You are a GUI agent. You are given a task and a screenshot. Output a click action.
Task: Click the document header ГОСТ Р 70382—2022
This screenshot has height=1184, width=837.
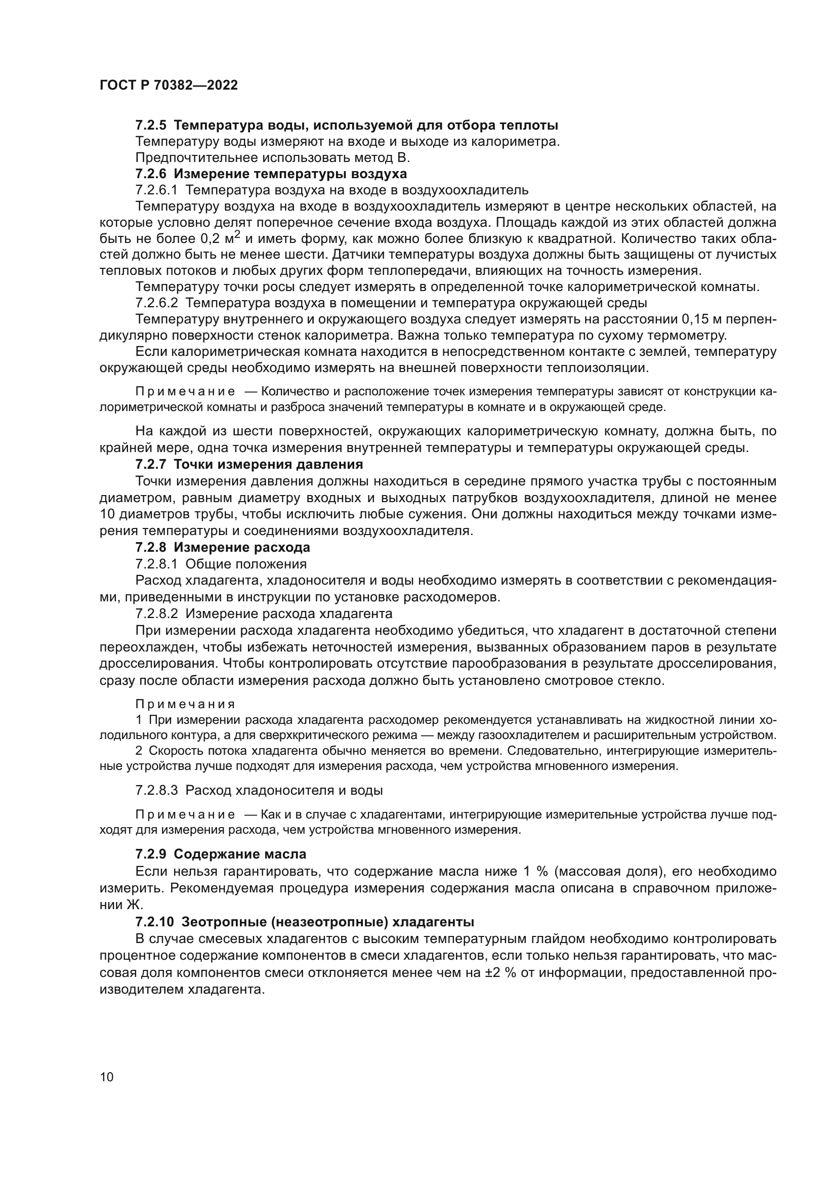tap(169, 86)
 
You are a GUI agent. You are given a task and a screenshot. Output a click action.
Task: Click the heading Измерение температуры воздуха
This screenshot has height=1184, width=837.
tap(290, 174)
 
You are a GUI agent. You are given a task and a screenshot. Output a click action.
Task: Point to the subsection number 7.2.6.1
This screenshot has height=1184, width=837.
tap(156, 190)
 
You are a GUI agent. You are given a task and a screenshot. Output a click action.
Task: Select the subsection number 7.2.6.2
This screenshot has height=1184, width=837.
tap(156, 303)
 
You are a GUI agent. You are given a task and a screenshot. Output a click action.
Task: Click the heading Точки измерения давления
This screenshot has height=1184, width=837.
tap(269, 465)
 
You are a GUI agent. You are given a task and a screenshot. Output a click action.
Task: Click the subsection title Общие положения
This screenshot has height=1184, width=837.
tap(246, 563)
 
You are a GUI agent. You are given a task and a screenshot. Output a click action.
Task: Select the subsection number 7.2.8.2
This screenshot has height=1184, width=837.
tap(156, 614)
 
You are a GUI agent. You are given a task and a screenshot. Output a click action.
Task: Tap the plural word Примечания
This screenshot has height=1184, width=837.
tap(185, 705)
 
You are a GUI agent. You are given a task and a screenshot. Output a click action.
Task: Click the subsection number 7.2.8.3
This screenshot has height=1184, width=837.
tap(156, 790)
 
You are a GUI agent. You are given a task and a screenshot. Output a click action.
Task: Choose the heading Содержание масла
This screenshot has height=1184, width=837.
tap(240, 854)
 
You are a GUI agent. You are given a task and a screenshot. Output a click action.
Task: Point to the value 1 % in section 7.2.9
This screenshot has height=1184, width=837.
tap(535, 872)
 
